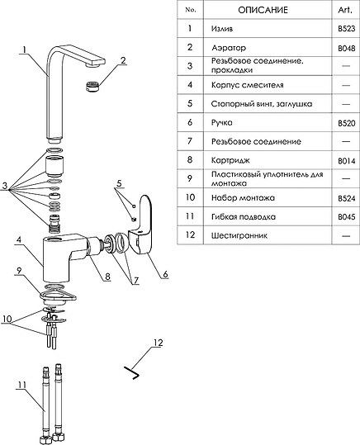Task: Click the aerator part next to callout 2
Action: click(x=92, y=86)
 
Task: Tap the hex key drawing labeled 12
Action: click(x=133, y=373)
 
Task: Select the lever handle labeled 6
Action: click(x=141, y=225)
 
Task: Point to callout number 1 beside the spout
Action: click(x=25, y=50)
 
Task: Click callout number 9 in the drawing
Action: click(x=19, y=271)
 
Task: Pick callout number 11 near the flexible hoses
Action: click(x=22, y=385)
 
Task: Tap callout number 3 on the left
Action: click(x=5, y=186)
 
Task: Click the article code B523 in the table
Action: click(x=346, y=29)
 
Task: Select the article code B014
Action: click(x=346, y=161)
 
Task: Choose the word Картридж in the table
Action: click(x=230, y=160)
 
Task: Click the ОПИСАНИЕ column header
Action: click(x=263, y=10)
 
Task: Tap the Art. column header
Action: click(x=345, y=10)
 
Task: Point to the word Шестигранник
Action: click(x=239, y=235)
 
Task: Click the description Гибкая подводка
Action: click(x=244, y=217)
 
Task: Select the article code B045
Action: click(x=346, y=217)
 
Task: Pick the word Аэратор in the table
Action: click(x=229, y=48)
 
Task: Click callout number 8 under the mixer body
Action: click(x=107, y=276)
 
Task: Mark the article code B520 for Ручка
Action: click(x=346, y=123)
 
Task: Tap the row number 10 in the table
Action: click(x=190, y=197)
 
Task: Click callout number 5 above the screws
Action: click(x=119, y=183)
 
